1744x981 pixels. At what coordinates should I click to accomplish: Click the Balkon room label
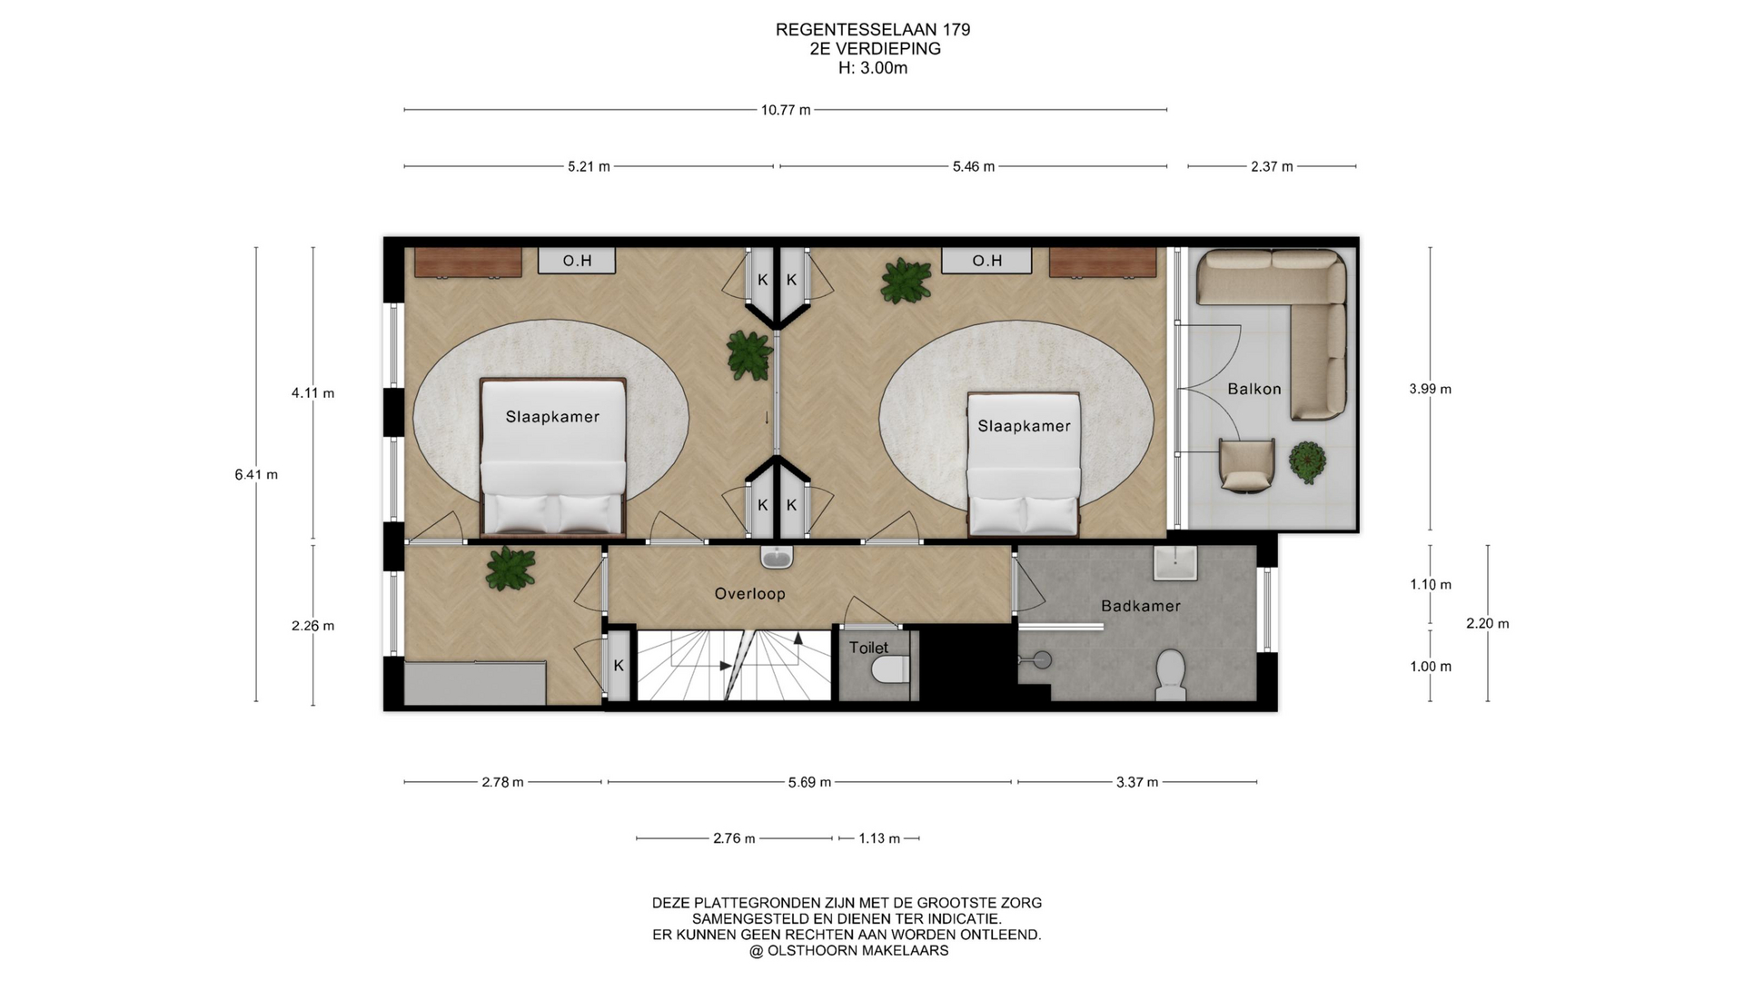[x=1253, y=389]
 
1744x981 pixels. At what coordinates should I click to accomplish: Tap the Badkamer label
[x=1141, y=606]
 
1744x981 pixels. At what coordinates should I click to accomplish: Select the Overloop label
[x=749, y=594]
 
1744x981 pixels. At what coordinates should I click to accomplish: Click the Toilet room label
[x=868, y=648]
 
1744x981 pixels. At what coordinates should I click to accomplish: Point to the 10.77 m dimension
[x=786, y=110]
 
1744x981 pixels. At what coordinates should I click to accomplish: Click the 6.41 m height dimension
[x=256, y=474]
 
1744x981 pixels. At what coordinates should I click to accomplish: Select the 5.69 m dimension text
[x=809, y=782]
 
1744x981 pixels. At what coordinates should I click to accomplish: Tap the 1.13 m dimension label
[x=879, y=838]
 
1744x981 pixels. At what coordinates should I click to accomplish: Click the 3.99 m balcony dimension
[x=1430, y=389]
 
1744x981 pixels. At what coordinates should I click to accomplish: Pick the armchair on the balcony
[x=1246, y=465]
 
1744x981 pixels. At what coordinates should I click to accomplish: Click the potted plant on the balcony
[x=1307, y=462]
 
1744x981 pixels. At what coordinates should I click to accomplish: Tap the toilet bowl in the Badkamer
[x=1171, y=674]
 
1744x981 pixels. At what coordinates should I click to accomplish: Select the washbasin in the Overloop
[x=778, y=556]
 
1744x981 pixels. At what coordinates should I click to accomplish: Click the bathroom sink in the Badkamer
[x=1175, y=562]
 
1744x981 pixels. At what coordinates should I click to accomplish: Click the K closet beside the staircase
[x=619, y=666]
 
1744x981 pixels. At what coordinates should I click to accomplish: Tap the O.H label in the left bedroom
[x=577, y=261]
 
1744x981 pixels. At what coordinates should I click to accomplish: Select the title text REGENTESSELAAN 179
[x=873, y=30]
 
